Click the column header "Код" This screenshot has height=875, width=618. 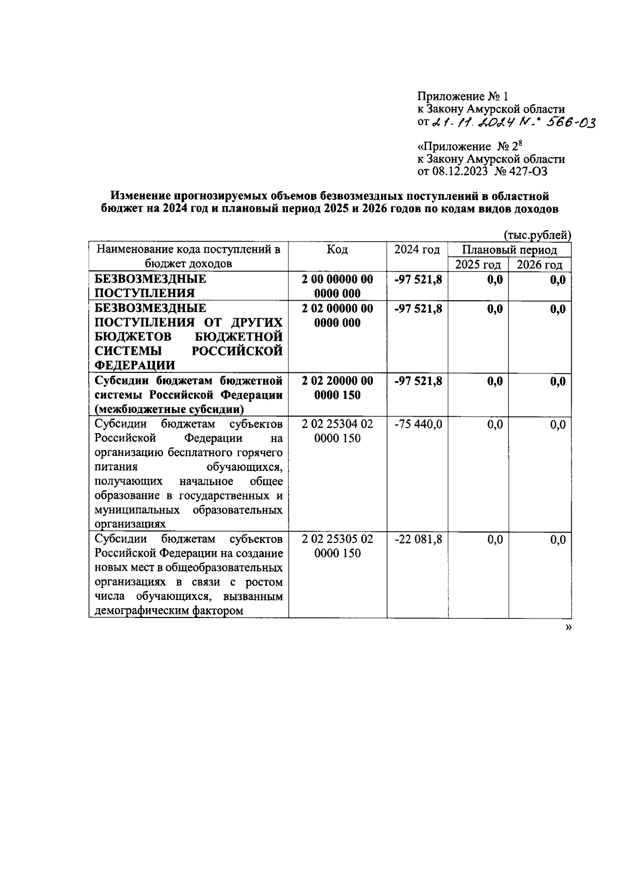(337, 250)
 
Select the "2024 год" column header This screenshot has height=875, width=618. (417, 250)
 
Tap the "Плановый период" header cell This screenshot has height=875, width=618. (509, 250)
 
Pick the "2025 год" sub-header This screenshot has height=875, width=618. (478, 265)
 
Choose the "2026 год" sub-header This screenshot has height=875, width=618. (540, 265)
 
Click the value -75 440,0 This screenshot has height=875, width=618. (418, 425)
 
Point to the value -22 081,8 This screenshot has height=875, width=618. (418, 540)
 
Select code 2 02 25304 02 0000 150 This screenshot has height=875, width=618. (337, 432)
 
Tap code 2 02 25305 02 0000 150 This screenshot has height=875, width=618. (337, 546)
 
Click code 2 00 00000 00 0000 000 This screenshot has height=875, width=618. (337, 286)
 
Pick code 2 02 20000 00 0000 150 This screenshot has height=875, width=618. (337, 388)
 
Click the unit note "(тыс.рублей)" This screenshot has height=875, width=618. (537, 235)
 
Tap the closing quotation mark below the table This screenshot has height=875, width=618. (569, 627)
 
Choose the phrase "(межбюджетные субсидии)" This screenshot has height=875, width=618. (169, 410)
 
